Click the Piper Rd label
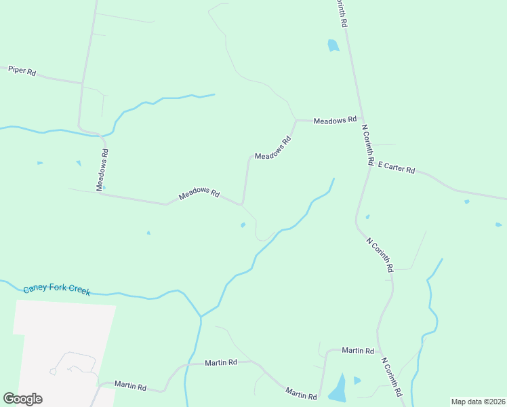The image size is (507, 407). [x=22, y=71]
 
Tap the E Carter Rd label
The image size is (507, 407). [x=397, y=168]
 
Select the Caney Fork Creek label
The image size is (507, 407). [x=56, y=290]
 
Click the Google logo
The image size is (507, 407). [x=22, y=399]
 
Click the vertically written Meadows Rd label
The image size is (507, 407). [x=102, y=170]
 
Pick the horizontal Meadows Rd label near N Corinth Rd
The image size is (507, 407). [x=335, y=120]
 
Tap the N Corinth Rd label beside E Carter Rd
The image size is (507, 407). [x=368, y=144]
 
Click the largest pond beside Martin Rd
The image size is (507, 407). [x=338, y=389]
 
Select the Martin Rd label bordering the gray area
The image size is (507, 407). [x=130, y=386]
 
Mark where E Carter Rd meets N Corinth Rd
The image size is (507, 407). [x=370, y=166]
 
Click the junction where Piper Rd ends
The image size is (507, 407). [x=83, y=83]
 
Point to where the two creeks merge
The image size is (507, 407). [x=201, y=316]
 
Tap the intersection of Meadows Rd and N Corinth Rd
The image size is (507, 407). [x=361, y=121]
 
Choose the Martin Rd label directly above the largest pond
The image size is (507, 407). [x=358, y=351]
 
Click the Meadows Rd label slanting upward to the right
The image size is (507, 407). [x=272, y=147]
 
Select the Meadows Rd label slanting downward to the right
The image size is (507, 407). [x=199, y=194]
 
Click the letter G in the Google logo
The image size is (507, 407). [x=9, y=399]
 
